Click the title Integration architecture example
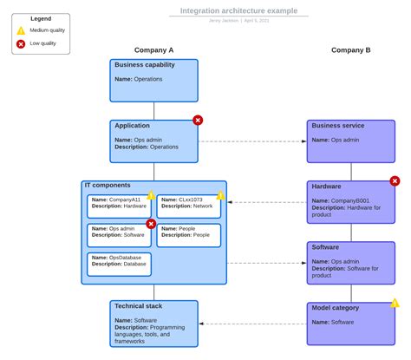pyautogui.click(x=238, y=10)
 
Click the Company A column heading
pyautogui.click(x=154, y=50)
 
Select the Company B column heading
pyautogui.click(x=350, y=50)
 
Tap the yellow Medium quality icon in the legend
pyautogui.click(x=21, y=30)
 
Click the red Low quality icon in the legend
pyautogui.click(x=21, y=43)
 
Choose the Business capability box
pyautogui.click(x=154, y=80)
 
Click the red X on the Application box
pyautogui.click(x=198, y=121)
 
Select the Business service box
pyautogui.click(x=350, y=141)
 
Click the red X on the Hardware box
pyautogui.click(x=395, y=181)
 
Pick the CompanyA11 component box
pyautogui.click(x=119, y=206)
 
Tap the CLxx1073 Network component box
pyautogui.click(x=188, y=206)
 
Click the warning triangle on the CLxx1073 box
pyautogui.click(x=220, y=196)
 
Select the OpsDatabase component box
pyautogui.click(x=119, y=264)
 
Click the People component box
pyautogui.click(x=188, y=235)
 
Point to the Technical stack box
pyautogui.click(x=154, y=324)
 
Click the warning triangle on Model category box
pyautogui.click(x=395, y=304)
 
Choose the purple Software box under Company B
pyautogui.click(x=350, y=262)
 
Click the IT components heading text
pyautogui.click(x=108, y=186)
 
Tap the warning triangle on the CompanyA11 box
pyautogui.click(x=151, y=196)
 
